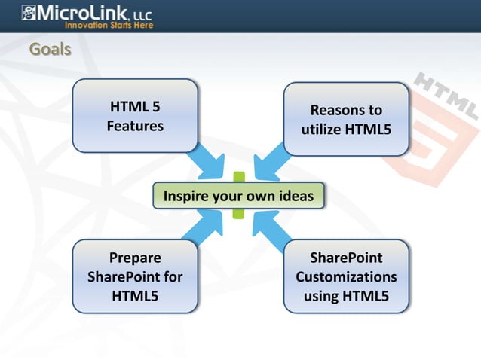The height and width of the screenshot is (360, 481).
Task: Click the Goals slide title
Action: point(50,50)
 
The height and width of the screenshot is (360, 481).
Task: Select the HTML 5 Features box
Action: point(135,116)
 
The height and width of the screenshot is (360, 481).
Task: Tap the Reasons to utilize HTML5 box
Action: point(346,120)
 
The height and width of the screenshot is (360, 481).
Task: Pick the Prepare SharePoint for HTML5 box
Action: point(135,276)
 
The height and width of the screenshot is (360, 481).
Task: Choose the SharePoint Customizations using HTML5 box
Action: point(346,276)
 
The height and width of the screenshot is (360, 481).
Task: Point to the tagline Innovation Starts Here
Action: point(109,25)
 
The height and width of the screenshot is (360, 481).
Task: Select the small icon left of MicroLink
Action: point(28,13)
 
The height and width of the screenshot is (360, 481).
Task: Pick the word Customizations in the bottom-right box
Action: point(346,276)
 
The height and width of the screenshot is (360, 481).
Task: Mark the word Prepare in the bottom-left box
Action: point(135,258)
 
